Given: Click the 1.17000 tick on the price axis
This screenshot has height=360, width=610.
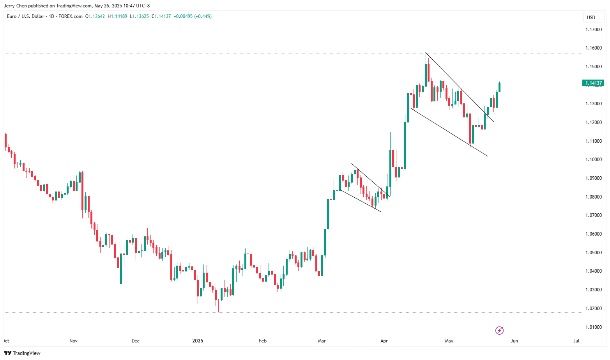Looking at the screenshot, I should click(x=593, y=29).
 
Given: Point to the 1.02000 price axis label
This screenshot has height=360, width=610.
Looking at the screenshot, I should click(x=593, y=309).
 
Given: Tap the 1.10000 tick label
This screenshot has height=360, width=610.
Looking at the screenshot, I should click(x=593, y=160).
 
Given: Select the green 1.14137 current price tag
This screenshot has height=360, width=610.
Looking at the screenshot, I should click(x=593, y=83).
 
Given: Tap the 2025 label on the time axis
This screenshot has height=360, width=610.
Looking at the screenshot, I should click(x=198, y=341).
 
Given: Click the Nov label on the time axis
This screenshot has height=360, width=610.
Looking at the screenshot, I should click(x=73, y=341).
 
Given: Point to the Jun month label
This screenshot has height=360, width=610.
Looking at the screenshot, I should click(x=514, y=341).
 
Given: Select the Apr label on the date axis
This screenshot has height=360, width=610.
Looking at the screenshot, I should click(x=384, y=341).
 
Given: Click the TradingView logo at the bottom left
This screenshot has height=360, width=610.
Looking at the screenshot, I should click(x=22, y=353).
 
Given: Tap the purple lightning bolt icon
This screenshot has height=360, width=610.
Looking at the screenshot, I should click(x=499, y=331).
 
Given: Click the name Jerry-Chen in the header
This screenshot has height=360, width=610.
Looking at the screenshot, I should click(x=16, y=6).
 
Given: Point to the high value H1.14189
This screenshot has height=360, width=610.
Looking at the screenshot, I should click(x=117, y=16).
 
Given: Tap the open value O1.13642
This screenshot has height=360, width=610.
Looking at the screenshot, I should click(x=95, y=16).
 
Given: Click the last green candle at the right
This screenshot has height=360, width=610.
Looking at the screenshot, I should click(x=499, y=87).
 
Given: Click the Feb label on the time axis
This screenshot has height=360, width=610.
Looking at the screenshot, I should click(x=263, y=341).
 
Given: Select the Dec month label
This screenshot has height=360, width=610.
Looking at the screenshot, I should click(x=135, y=341).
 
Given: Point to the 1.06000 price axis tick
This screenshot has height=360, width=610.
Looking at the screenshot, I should click(x=593, y=234).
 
